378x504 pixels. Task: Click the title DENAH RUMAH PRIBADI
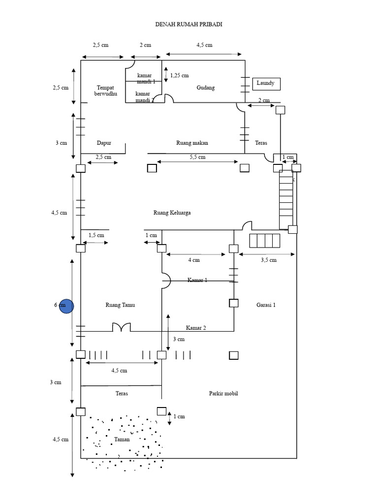(x=189, y=24)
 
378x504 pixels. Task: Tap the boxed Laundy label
(x=266, y=84)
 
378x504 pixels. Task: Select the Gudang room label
(x=206, y=88)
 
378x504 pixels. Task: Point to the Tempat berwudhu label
(x=105, y=90)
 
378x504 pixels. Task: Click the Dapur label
(x=104, y=143)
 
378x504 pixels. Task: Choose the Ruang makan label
(x=192, y=143)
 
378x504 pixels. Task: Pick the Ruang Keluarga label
(x=172, y=213)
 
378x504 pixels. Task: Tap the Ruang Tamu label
(x=120, y=305)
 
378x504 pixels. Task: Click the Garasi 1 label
(x=266, y=305)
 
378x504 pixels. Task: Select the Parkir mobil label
(x=223, y=393)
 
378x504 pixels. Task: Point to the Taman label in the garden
(x=122, y=439)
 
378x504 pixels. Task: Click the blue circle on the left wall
(x=66, y=306)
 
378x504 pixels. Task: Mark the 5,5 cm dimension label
(x=197, y=157)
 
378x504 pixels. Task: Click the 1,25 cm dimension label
(x=179, y=75)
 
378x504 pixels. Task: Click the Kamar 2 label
(x=196, y=327)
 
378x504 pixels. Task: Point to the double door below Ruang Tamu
(x=122, y=327)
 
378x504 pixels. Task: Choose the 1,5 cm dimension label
(x=96, y=235)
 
